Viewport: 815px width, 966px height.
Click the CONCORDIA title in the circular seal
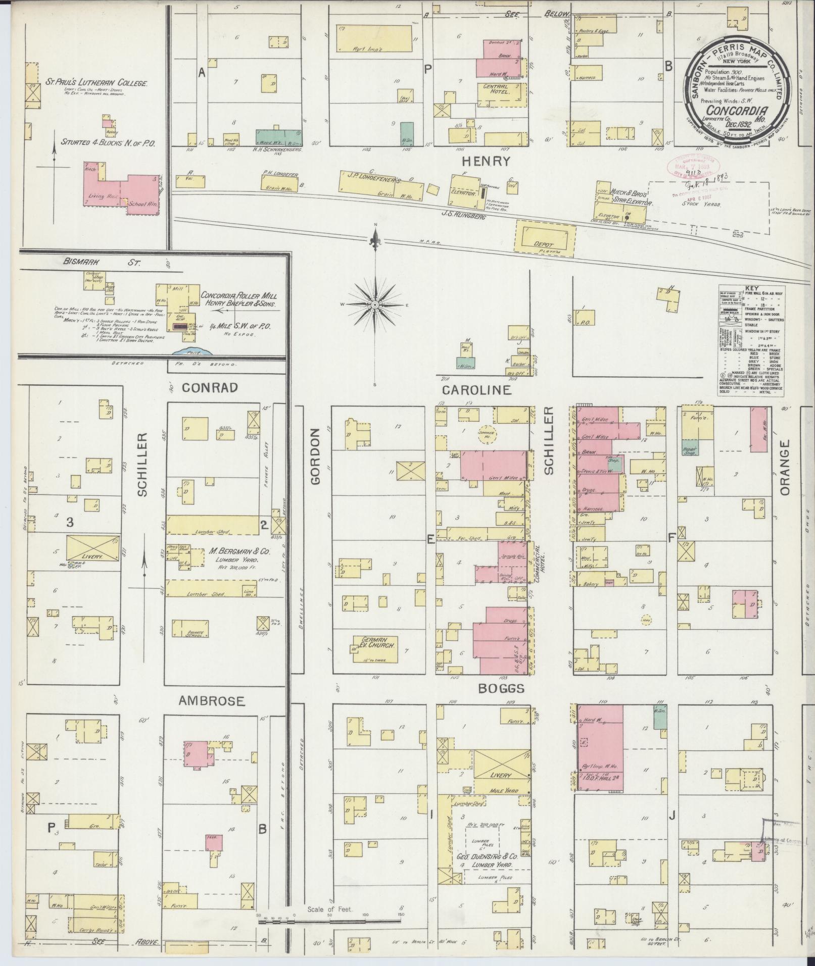click(x=737, y=111)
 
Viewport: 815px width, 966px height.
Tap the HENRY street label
click(x=485, y=161)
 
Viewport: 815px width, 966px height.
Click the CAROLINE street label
click(x=477, y=390)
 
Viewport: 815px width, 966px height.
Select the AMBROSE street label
click(x=212, y=701)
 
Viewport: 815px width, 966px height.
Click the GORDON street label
click(x=316, y=456)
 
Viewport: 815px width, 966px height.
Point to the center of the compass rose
click(x=375, y=306)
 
